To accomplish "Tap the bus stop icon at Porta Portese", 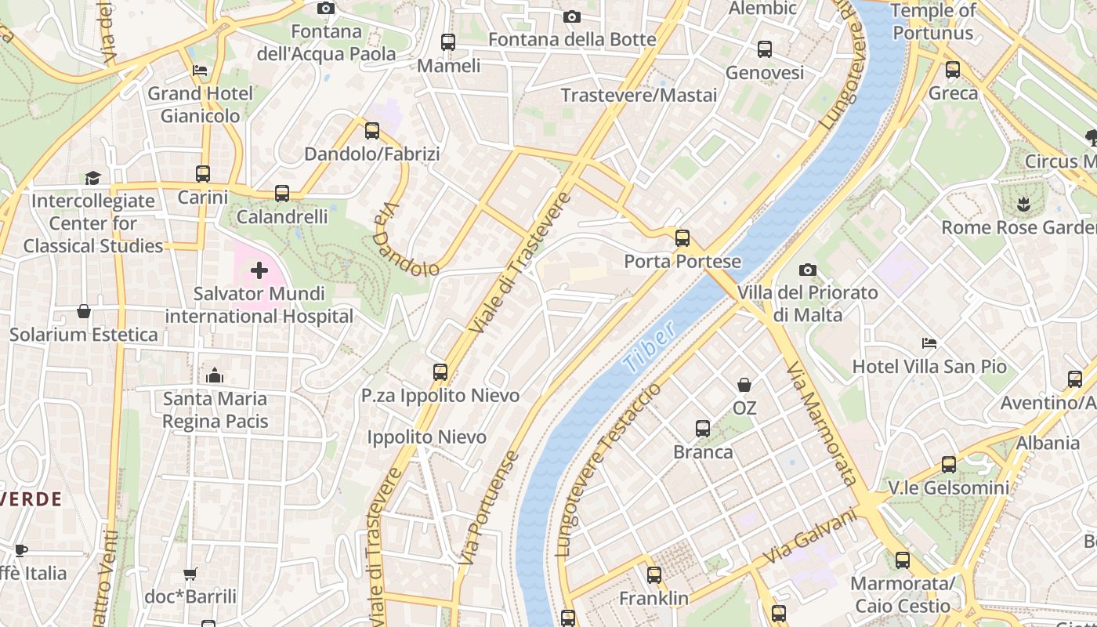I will (x=682, y=238).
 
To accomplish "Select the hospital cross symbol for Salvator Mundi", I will (x=259, y=271).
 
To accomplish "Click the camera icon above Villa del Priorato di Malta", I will (x=807, y=270).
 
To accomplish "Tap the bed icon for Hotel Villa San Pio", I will (x=929, y=343).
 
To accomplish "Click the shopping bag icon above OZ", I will (x=744, y=385).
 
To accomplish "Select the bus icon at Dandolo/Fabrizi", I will (x=372, y=131).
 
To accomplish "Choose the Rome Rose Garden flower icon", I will (x=1023, y=205).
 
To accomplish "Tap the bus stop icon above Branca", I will (x=703, y=429).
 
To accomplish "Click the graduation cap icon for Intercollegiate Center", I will (x=92, y=178).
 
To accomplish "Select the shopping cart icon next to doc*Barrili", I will (x=190, y=574).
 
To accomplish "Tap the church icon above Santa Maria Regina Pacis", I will (x=215, y=375).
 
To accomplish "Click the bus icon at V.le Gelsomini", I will (x=949, y=465).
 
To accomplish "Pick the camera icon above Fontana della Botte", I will (x=572, y=16).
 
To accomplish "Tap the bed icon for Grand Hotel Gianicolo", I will (x=201, y=71).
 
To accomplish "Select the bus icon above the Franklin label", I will (x=654, y=575).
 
